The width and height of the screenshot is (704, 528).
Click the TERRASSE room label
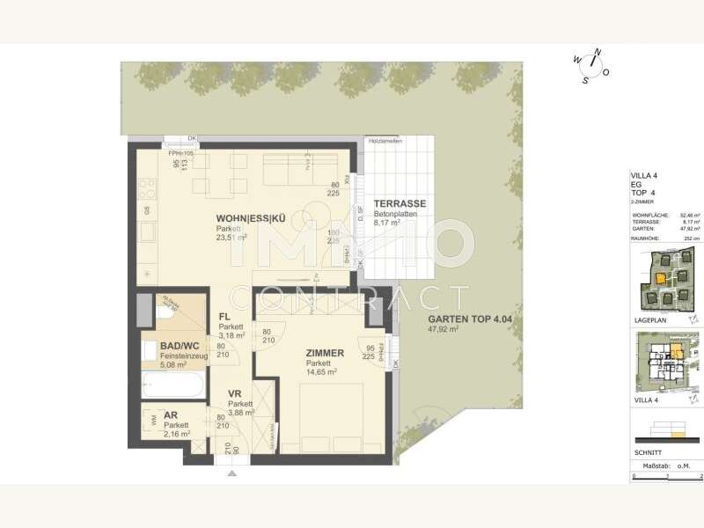click(x=400, y=203)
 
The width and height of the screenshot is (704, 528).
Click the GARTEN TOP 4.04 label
click(x=463, y=319)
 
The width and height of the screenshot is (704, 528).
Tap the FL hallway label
click(x=225, y=317)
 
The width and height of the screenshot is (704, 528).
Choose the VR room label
click(x=235, y=394)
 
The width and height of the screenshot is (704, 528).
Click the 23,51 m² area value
click(x=233, y=237)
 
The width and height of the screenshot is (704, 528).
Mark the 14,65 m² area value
click(x=323, y=372)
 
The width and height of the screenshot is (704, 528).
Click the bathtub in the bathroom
click(x=172, y=385)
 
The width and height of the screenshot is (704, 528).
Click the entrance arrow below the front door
click(x=231, y=473)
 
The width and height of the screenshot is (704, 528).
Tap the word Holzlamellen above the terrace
click(x=385, y=142)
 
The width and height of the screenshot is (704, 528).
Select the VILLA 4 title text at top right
click(x=645, y=176)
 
